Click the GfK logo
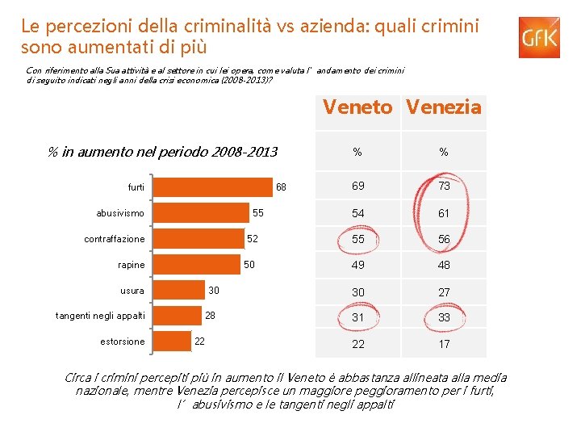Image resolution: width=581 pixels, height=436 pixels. tap(539, 38)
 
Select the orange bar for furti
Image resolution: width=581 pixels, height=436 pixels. tap(213, 187)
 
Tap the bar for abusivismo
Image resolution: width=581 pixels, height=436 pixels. tap(201, 213)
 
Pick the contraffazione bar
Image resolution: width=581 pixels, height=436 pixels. tap(198, 239)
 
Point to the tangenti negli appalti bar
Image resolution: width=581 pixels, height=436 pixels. tap(177, 316)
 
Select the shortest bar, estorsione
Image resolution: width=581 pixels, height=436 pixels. tap(171, 342)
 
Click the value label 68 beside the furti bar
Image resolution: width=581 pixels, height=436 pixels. tap(281, 187)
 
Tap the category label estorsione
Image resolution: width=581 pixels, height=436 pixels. tap(123, 342)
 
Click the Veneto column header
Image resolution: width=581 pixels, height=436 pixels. tap(357, 107)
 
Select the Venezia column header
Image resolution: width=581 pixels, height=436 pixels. tap(444, 107)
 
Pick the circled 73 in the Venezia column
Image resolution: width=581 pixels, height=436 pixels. tap(444, 187)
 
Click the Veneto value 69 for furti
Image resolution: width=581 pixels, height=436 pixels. tap(357, 187)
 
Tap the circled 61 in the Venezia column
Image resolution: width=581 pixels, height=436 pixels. tap(444, 213)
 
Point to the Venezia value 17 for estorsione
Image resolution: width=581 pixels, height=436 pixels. tap(444, 344)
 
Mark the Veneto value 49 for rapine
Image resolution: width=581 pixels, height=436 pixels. tap(357, 265)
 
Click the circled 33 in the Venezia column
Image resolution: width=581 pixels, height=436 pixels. tap(444, 317)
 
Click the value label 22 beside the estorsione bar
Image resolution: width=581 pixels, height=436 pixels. tap(199, 342)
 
